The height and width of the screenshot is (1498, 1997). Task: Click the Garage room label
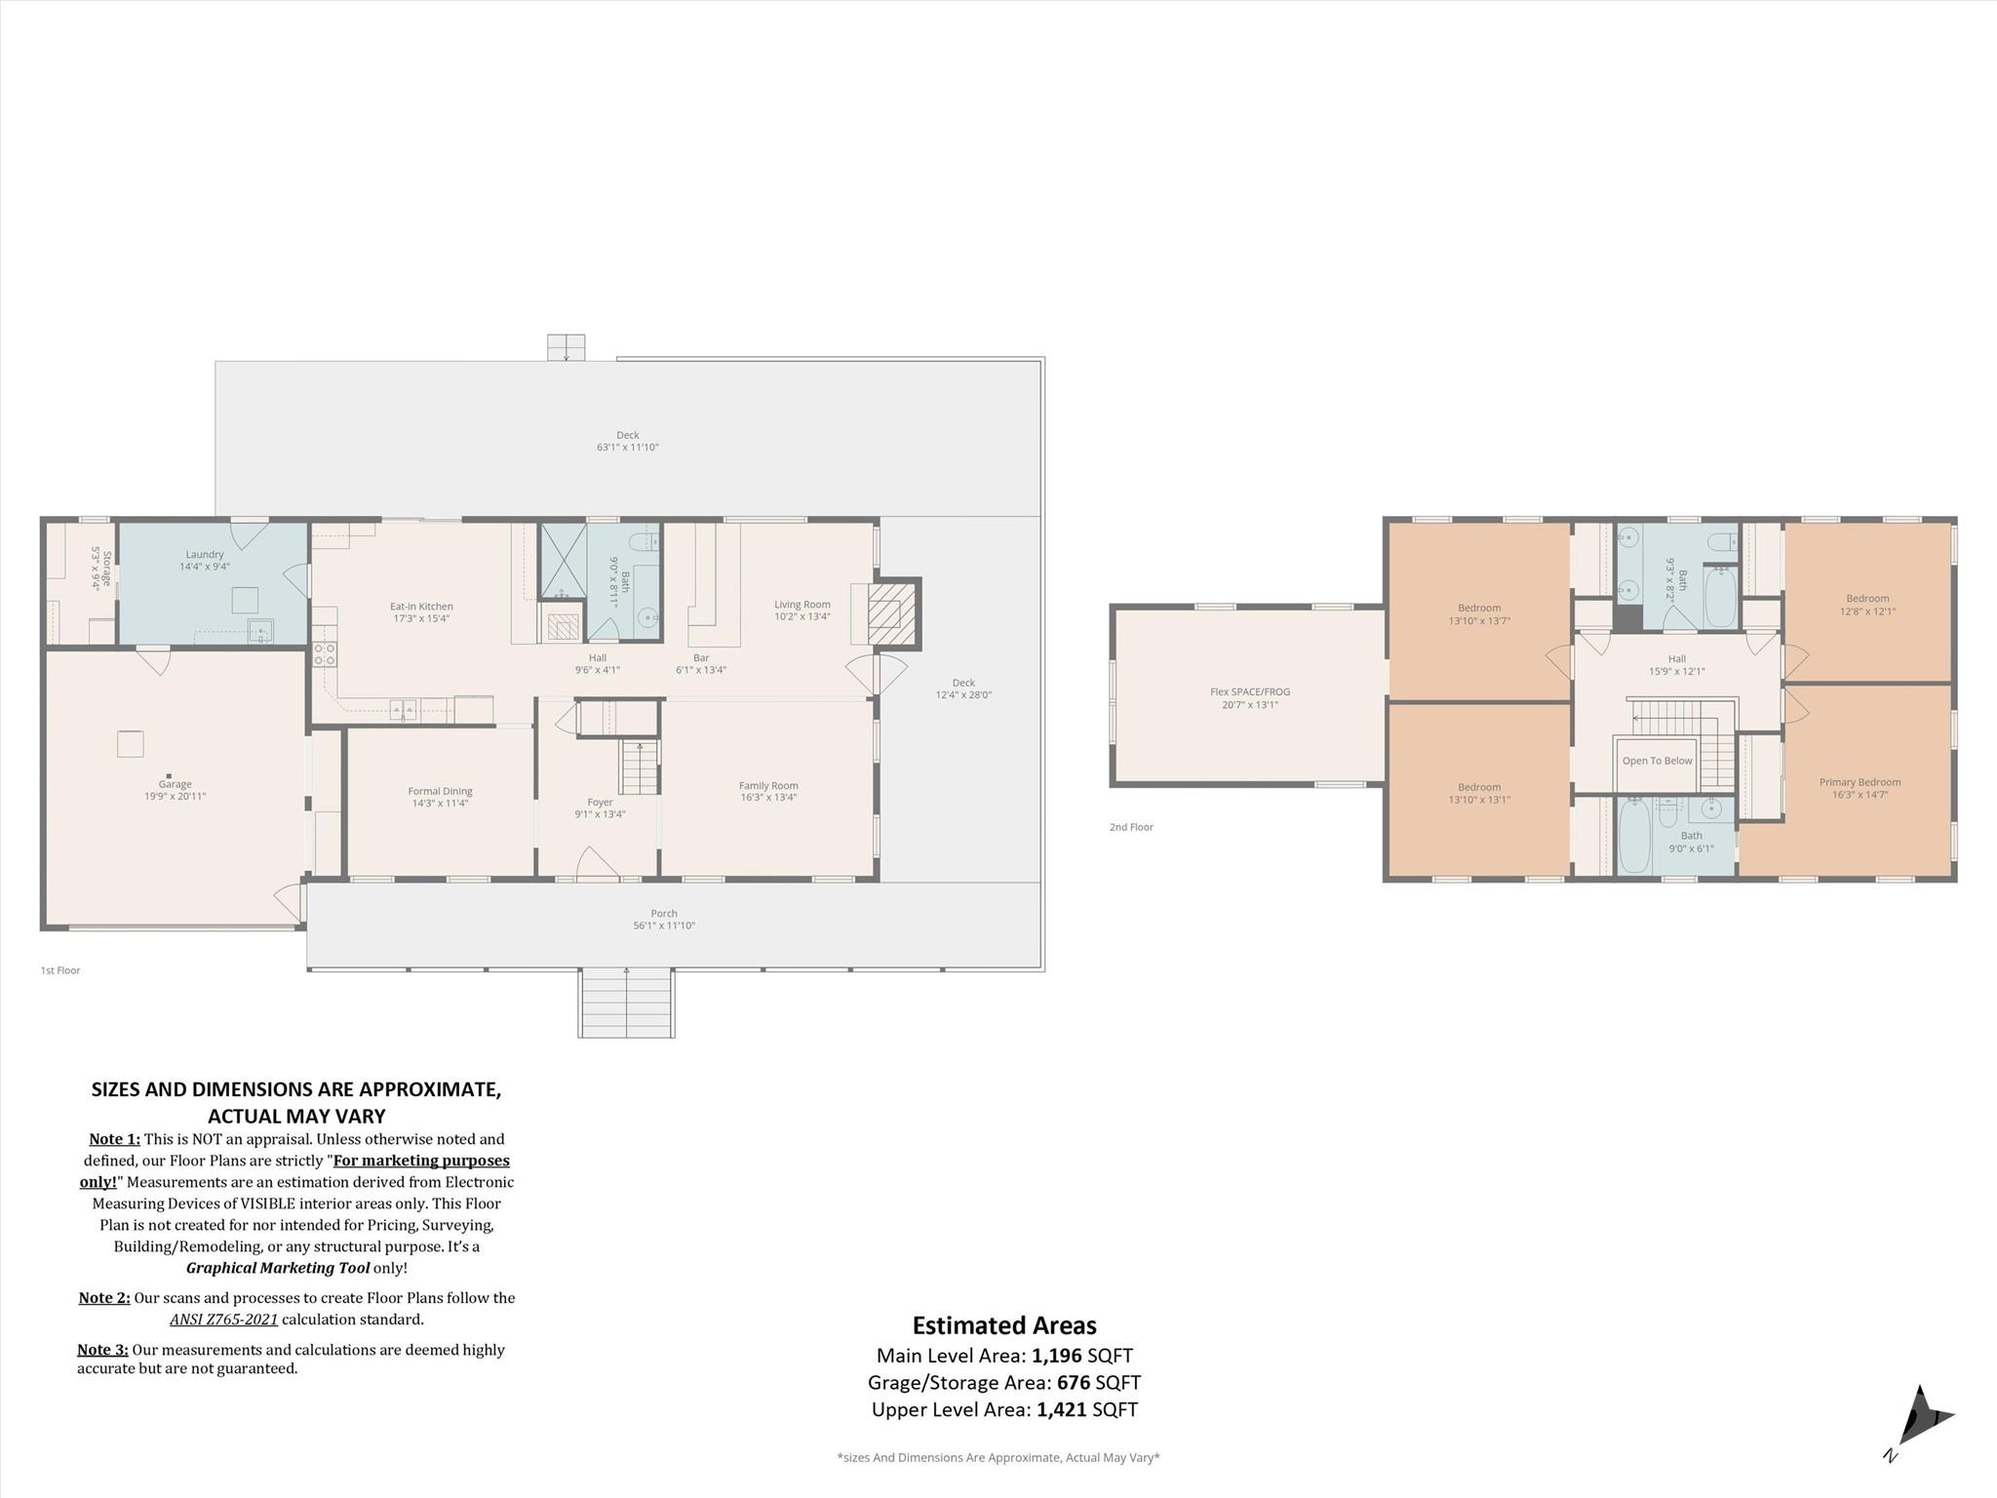point(175,784)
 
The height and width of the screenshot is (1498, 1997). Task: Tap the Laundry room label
point(205,554)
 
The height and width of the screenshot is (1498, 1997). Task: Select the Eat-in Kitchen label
point(421,606)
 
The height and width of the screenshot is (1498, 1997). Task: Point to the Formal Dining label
point(440,791)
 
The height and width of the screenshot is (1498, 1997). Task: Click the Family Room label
point(768,785)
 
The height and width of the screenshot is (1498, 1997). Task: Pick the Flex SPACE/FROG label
point(1250,691)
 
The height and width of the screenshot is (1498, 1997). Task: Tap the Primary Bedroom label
point(1860,781)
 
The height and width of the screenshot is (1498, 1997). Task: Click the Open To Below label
point(1658,761)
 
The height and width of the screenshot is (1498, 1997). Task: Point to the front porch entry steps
point(626,1003)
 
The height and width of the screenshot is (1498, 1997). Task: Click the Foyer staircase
point(640,768)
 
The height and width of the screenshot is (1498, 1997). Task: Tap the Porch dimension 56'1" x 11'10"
point(664,926)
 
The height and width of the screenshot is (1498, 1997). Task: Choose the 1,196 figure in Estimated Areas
point(1057,1355)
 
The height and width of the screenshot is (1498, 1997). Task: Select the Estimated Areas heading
point(1004,1325)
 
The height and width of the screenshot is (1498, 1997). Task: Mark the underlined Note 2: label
point(104,1298)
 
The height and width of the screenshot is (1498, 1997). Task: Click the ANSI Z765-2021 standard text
point(224,1320)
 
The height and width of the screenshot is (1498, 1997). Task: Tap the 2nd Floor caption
point(1131,827)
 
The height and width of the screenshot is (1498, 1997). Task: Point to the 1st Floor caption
point(60,970)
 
